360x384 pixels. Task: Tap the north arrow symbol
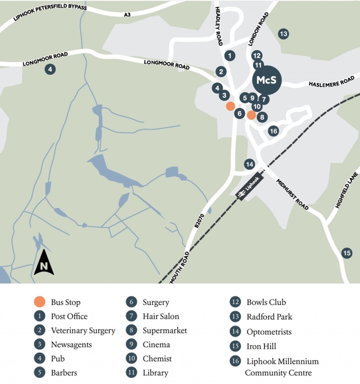tap(44, 263)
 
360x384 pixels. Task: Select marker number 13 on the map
tap(283, 34)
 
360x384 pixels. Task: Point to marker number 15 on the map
tap(347, 253)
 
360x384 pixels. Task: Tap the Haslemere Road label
tap(331, 82)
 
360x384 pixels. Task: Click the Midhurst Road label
tap(292, 194)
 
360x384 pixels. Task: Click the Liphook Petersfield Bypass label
tap(50, 12)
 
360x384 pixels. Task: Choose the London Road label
tap(258, 29)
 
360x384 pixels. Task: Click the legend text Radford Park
tap(269, 317)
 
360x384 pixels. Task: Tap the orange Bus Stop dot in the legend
tap(39, 302)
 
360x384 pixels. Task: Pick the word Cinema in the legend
tap(156, 345)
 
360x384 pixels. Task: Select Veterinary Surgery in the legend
tap(83, 331)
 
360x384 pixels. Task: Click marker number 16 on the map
tap(273, 131)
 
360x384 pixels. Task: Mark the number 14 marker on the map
tap(249, 164)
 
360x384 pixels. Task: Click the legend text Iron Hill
tap(261, 346)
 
